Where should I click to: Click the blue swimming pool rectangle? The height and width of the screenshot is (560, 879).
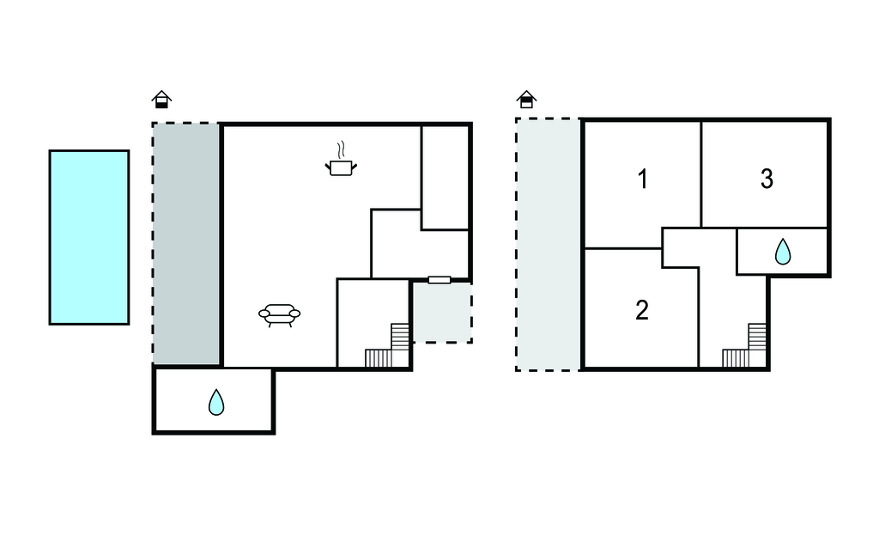point(89,237)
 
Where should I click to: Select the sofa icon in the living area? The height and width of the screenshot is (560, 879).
point(279,315)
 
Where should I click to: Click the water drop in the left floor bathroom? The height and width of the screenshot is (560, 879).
point(216,402)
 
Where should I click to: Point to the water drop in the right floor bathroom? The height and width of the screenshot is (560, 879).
point(783,252)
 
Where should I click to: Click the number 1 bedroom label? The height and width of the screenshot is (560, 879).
point(643,180)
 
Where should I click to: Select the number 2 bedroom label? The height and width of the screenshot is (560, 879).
point(642,310)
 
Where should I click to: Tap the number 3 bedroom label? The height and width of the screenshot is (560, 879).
point(767,179)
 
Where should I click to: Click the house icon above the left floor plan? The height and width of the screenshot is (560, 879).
point(161,100)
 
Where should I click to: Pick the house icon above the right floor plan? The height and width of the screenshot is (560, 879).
point(526,100)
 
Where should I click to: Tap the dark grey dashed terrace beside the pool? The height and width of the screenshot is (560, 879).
point(186,244)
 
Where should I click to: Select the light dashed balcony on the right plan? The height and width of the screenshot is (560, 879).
point(549,244)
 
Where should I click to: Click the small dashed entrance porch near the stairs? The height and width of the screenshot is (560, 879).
point(442,312)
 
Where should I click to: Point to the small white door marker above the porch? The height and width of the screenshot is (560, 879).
point(439,280)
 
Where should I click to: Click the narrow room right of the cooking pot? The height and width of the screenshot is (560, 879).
point(446,177)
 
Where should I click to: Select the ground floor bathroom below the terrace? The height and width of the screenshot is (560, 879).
point(214,399)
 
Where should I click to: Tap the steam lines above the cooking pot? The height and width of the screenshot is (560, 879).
point(341,150)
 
